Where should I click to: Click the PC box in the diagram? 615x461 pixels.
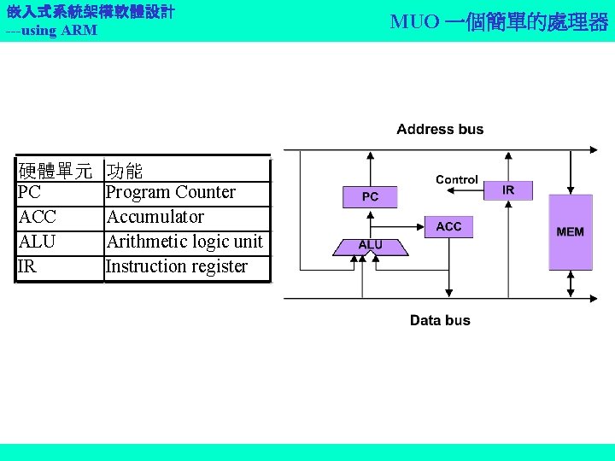tap(370, 196)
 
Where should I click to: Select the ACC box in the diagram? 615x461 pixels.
tap(448, 226)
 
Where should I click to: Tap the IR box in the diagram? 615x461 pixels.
tap(508, 190)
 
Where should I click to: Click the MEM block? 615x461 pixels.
tap(570, 231)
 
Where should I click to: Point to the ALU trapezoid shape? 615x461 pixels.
tap(370, 246)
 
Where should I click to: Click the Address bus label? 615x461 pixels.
tap(440, 130)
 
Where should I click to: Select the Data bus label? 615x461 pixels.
tap(440, 320)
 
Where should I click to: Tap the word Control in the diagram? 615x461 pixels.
tap(457, 179)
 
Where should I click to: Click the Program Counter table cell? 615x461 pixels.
tap(171, 192)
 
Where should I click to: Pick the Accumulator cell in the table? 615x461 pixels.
tap(155, 217)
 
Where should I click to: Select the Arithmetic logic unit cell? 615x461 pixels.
tap(184, 242)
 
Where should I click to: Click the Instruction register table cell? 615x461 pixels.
tap(177, 266)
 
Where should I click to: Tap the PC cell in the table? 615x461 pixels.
tap(30, 192)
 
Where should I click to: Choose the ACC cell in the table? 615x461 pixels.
tap(37, 217)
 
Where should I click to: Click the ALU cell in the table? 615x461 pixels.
tap(37, 242)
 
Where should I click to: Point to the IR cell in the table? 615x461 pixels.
tap(26, 266)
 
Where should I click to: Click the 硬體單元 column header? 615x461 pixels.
tap(56, 171)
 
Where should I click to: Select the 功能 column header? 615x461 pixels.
tap(125, 171)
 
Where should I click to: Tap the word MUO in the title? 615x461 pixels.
tap(414, 21)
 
